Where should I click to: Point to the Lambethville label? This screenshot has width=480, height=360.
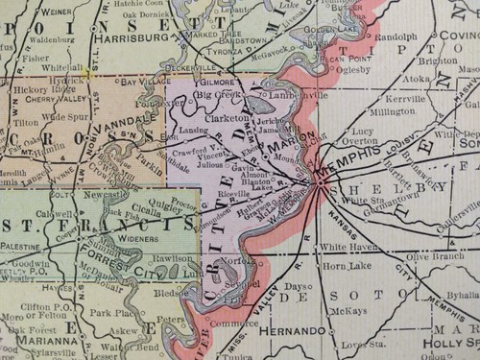(x=288, y=95)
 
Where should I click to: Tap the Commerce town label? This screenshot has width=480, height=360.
(x=237, y=324)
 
